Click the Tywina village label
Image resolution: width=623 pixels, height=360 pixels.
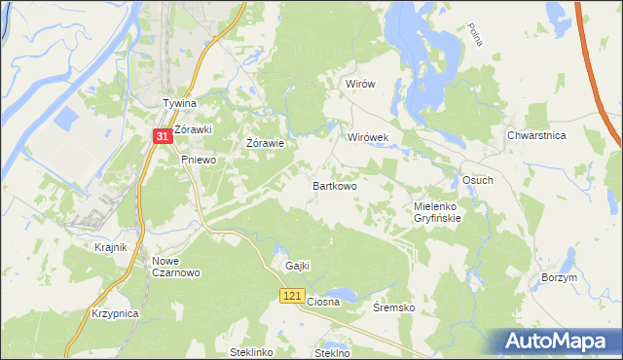(179, 103)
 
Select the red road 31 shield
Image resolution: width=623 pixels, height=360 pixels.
(164, 138)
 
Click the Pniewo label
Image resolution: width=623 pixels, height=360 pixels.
(198, 161)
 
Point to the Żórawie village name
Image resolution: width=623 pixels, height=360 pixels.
(265, 144)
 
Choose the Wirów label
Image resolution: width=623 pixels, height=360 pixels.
(360, 85)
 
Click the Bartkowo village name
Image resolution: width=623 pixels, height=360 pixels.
(334, 185)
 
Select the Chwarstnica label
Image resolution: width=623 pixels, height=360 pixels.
(536, 136)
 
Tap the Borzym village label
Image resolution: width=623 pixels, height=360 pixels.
(559, 277)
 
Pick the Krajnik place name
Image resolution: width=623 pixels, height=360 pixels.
(111, 247)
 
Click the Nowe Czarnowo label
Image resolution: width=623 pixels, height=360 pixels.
(175, 267)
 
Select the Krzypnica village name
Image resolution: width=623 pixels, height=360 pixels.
(115, 314)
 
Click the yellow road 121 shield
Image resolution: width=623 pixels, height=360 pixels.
(291, 295)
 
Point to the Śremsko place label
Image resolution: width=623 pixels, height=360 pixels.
(394, 307)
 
